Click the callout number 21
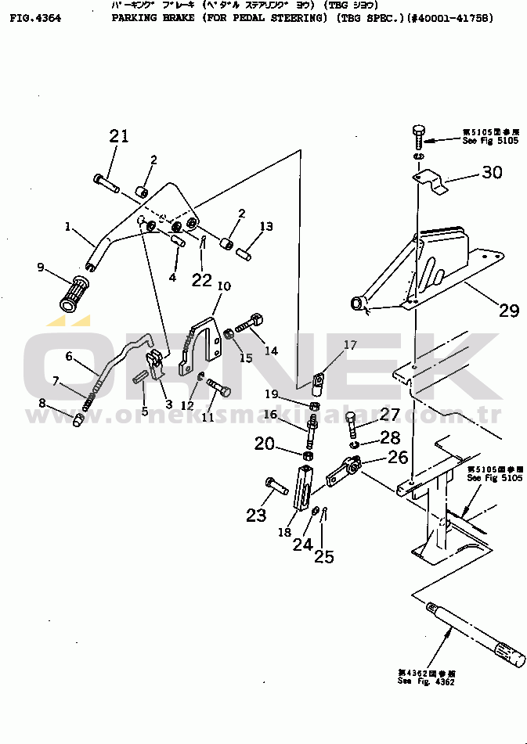click(118, 136)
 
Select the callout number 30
click(492, 173)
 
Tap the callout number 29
click(508, 311)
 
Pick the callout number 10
click(223, 286)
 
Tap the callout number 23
click(256, 515)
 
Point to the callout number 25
click(323, 556)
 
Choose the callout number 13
click(266, 227)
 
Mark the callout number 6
click(69, 357)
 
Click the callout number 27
click(389, 414)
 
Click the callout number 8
click(42, 404)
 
